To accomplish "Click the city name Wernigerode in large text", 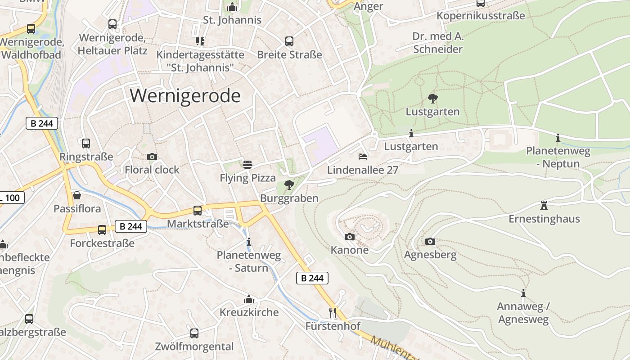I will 185,96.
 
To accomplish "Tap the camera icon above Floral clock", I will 152,157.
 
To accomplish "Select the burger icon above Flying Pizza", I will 247,165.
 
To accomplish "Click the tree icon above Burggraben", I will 289,184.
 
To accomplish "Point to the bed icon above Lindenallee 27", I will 363,157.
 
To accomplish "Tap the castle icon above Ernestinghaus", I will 544,206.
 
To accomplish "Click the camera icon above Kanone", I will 349,237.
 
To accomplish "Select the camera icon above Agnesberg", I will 430,241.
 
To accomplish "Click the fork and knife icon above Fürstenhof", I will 333,312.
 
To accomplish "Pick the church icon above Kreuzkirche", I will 249,299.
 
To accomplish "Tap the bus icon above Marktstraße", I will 197,210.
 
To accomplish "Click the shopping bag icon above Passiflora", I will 77,195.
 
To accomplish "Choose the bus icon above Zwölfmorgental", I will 194,333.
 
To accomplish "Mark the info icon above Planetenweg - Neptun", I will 558,138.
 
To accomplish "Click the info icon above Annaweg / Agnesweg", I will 523,293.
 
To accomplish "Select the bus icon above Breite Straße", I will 289,41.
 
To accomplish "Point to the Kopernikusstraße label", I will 481,16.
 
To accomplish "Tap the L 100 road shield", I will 11,198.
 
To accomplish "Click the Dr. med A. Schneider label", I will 438,43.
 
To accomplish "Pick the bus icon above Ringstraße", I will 85,144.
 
